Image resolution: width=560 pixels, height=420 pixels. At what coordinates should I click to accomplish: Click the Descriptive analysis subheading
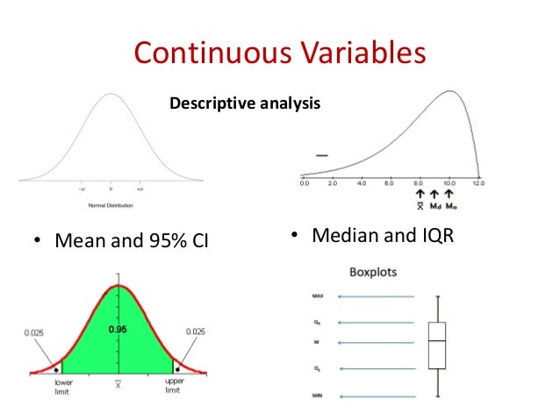(x=245, y=104)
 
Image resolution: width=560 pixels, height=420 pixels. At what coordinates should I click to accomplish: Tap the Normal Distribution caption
(x=111, y=206)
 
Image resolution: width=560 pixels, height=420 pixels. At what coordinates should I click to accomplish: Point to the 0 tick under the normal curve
(x=111, y=189)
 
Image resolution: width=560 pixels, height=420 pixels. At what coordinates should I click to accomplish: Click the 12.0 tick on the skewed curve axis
(x=477, y=185)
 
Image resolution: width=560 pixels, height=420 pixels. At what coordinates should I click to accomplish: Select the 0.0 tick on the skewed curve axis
(x=304, y=185)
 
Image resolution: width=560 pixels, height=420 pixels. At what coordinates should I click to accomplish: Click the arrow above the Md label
(x=435, y=195)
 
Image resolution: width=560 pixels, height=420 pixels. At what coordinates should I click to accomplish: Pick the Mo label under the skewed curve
(x=451, y=207)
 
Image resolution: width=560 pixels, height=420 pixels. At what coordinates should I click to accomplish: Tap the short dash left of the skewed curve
(x=321, y=155)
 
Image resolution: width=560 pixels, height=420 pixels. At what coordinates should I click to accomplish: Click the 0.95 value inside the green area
(x=117, y=330)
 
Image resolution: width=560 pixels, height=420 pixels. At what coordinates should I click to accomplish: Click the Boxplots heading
(x=373, y=272)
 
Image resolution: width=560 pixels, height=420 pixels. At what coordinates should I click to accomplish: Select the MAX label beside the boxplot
(x=315, y=297)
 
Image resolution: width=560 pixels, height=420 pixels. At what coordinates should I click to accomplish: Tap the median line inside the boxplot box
(x=436, y=340)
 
